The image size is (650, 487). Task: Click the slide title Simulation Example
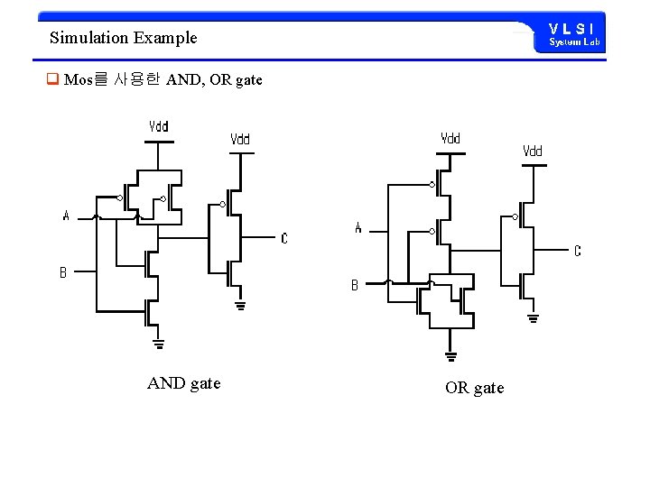pyautogui.click(x=123, y=38)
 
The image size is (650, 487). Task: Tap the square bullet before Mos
pyautogui.click(x=52, y=79)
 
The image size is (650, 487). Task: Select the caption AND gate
pyautogui.click(x=183, y=383)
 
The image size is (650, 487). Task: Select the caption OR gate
pyautogui.click(x=474, y=388)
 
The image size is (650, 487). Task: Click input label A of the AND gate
pyautogui.click(x=66, y=216)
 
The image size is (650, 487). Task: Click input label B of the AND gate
pyautogui.click(x=63, y=272)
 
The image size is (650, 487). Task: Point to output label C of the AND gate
pyautogui.click(x=284, y=239)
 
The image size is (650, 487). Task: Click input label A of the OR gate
pyautogui.click(x=358, y=228)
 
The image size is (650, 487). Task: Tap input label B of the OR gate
pyautogui.click(x=355, y=285)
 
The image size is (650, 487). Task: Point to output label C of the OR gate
pyautogui.click(x=578, y=251)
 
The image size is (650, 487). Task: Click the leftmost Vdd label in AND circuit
pyautogui.click(x=159, y=127)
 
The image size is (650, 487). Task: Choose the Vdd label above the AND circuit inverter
pyautogui.click(x=240, y=140)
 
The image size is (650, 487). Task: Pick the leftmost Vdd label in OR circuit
pyautogui.click(x=450, y=139)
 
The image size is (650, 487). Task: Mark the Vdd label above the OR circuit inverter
pyautogui.click(x=533, y=152)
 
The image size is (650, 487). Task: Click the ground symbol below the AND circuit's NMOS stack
pyautogui.click(x=159, y=343)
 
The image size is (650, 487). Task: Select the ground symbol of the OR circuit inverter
pyautogui.click(x=533, y=317)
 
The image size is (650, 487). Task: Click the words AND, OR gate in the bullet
pyautogui.click(x=215, y=80)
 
